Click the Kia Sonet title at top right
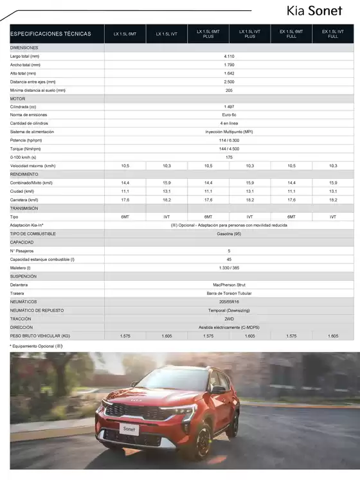319,11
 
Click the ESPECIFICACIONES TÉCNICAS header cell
51,34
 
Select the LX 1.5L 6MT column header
125,34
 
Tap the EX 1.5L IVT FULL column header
332,34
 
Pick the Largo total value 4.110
229,57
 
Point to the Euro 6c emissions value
229,114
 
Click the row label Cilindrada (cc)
24,106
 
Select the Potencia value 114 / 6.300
229,140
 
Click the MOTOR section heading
17,98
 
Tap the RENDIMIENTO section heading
24,174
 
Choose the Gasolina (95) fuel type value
229,233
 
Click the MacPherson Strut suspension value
229,285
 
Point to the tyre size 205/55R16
229,301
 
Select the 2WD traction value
229,319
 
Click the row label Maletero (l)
22,267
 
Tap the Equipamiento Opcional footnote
36,346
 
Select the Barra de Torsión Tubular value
229,293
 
